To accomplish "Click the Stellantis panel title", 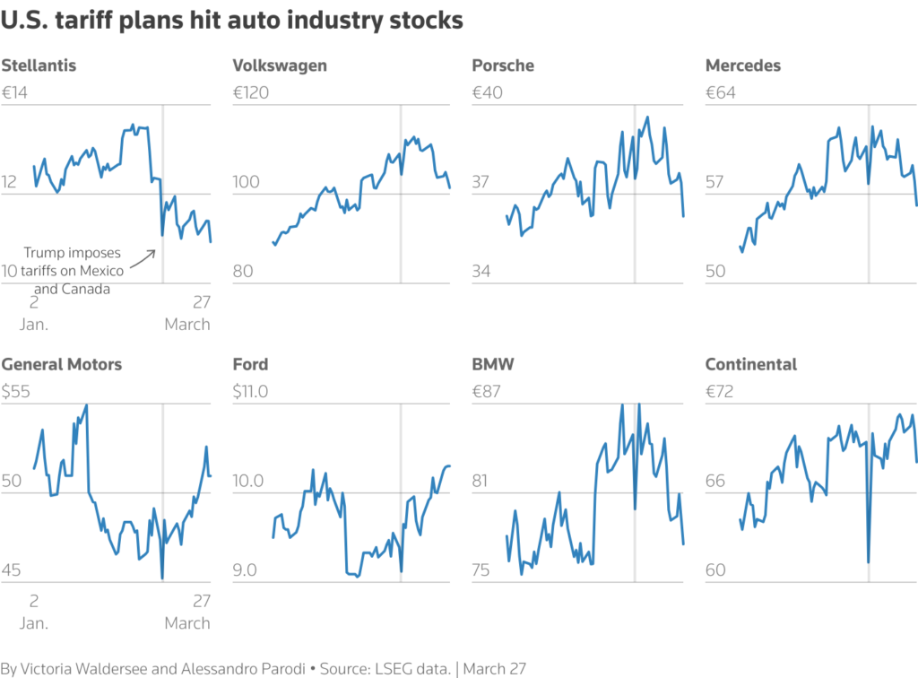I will pyautogui.click(x=39, y=65).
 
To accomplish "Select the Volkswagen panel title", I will pyautogui.click(x=280, y=65).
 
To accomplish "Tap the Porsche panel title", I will pyautogui.click(x=503, y=65).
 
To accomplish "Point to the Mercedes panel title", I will pyautogui.click(x=743, y=65).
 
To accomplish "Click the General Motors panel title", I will pyautogui.click(x=62, y=364).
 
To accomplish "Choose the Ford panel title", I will pyautogui.click(x=250, y=364).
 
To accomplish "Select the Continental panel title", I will pyautogui.click(x=751, y=364).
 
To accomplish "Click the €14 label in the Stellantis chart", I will pyautogui.click(x=17, y=92).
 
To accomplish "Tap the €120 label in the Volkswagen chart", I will pyautogui.click(x=253, y=92).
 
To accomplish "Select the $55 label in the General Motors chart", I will pyautogui.click(x=17, y=392).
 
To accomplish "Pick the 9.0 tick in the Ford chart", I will pyautogui.click(x=247, y=570).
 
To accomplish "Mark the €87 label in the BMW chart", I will pyautogui.click(x=488, y=392).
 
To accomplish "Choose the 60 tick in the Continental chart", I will pyautogui.click(x=715, y=570).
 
